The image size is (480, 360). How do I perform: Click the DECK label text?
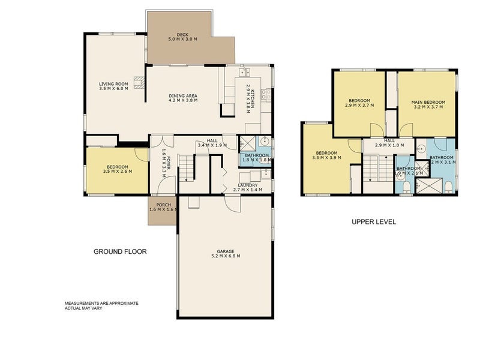182,34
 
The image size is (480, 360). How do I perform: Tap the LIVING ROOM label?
114,84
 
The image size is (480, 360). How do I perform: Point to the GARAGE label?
226,251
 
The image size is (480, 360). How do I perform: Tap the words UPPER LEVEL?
373,221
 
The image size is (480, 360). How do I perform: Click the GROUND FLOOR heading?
120,251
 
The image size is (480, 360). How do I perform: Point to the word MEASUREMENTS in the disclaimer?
83,304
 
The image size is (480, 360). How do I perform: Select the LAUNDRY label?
248,185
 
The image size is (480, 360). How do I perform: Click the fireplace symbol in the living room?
140,83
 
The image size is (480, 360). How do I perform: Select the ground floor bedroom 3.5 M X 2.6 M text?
117,172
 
